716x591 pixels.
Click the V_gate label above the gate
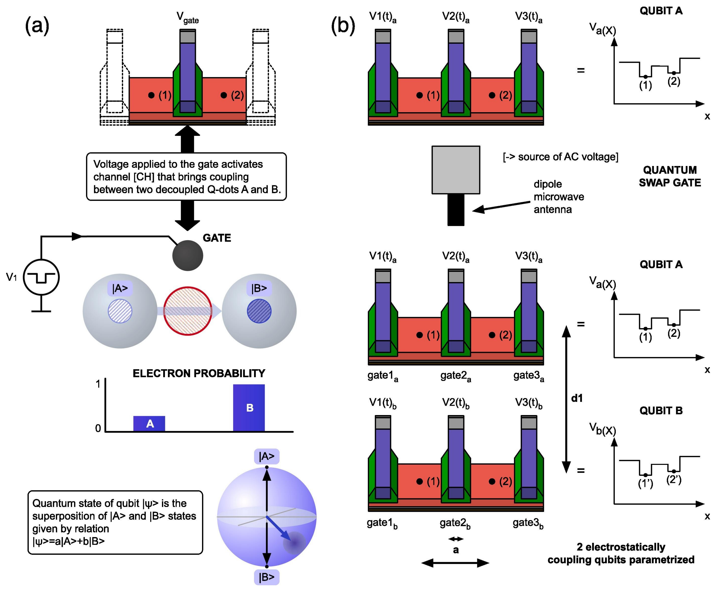pyautogui.click(x=188, y=18)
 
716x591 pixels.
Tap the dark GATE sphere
pyautogui.click(x=188, y=256)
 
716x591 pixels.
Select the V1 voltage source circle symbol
pyautogui.click(x=41, y=277)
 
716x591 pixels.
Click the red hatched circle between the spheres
pyautogui.click(x=188, y=311)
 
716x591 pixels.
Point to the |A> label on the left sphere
pyautogui.click(x=120, y=288)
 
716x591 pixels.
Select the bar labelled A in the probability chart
pyautogui.click(x=149, y=424)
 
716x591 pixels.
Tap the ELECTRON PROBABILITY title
pyautogui.click(x=199, y=373)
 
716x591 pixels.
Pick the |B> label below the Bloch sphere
pyautogui.click(x=267, y=577)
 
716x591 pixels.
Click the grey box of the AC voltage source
pyautogui.click(x=456, y=170)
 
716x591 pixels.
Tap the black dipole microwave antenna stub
pyautogui.click(x=456, y=210)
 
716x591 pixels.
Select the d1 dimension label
pyautogui.click(x=577, y=398)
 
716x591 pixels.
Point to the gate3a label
pyautogui.click(x=528, y=376)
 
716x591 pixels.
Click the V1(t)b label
pyautogui.click(x=383, y=404)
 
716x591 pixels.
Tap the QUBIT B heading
pyautogui.click(x=661, y=411)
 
